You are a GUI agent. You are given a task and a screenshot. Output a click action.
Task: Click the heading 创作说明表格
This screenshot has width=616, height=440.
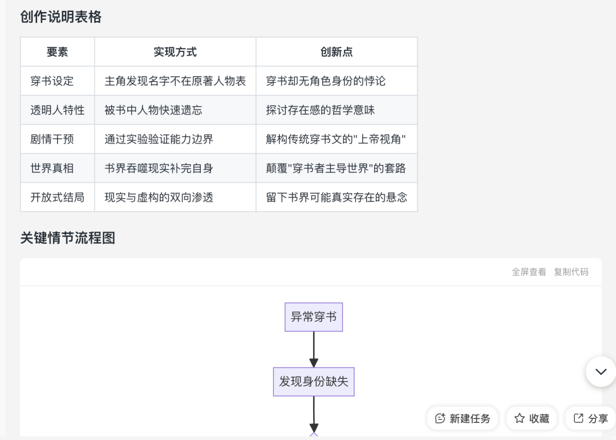[61, 17]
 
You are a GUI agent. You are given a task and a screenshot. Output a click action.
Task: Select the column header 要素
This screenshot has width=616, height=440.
[58, 52]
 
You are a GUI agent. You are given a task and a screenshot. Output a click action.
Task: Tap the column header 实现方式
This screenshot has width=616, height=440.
[175, 52]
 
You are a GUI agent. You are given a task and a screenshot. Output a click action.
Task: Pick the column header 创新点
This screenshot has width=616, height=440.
[337, 52]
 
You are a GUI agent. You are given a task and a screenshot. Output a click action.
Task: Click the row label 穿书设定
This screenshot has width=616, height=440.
[52, 81]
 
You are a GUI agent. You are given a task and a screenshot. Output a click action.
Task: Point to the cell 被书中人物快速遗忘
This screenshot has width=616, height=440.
[153, 110]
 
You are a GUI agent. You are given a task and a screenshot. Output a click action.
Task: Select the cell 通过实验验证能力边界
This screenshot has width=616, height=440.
[159, 139]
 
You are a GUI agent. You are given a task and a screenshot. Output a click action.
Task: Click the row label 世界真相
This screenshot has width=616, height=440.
[52, 168]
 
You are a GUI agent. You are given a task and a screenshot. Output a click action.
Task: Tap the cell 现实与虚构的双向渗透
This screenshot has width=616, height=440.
[159, 197]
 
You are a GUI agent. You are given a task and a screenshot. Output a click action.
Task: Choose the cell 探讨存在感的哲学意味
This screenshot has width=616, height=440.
[321, 110]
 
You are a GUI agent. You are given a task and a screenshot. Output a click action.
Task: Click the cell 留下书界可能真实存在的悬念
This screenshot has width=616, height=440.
[337, 197]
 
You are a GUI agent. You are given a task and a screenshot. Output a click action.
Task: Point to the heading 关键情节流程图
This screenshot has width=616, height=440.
[67, 238]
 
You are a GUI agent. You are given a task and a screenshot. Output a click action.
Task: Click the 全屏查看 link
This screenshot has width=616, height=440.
[529, 272]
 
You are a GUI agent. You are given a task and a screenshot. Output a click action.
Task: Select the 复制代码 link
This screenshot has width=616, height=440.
[571, 272]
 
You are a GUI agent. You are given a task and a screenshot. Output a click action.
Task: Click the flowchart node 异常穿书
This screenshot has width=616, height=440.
[314, 317]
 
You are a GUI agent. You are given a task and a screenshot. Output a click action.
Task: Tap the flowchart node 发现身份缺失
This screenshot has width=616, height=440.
[314, 382]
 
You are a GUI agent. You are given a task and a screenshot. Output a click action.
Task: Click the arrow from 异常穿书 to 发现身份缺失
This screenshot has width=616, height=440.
[314, 350]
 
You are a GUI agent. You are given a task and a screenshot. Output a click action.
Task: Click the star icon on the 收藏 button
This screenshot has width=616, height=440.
[520, 418]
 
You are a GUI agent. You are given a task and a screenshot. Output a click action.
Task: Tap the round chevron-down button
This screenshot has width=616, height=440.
[601, 372]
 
